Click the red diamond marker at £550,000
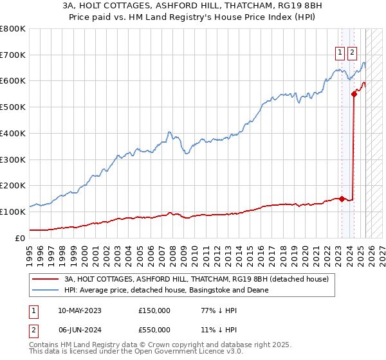(354, 94)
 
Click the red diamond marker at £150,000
(342, 199)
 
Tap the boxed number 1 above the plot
(339, 53)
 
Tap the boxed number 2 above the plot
(352, 53)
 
